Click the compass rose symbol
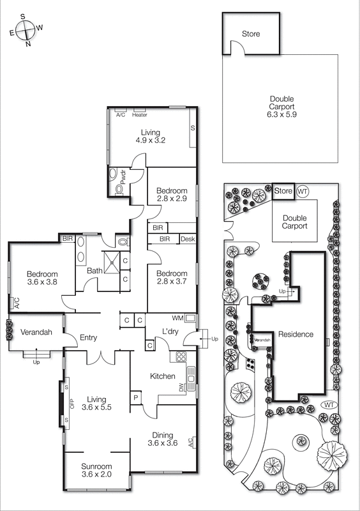24,29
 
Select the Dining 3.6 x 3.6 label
163,439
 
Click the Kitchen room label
163,376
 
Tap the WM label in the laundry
177,317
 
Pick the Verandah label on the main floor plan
36,333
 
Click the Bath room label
94,271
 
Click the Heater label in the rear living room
140,115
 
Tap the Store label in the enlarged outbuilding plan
251,34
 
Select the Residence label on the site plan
296,334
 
